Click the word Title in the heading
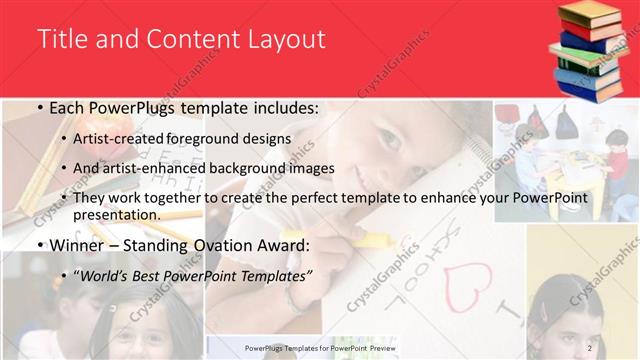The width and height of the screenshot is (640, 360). pyautogui.click(x=60, y=39)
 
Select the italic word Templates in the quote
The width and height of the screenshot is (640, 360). pyautogui.click(x=277, y=274)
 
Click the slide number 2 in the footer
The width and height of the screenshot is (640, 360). pyautogui.click(x=590, y=347)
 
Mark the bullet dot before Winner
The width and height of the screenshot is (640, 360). pyautogui.click(x=38, y=244)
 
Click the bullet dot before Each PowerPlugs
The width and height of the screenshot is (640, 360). pyautogui.click(x=38, y=108)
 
